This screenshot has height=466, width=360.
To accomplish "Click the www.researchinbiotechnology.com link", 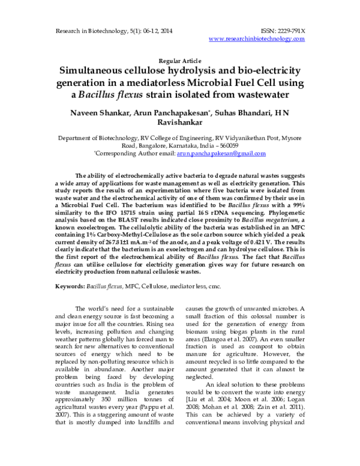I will pos(257,38).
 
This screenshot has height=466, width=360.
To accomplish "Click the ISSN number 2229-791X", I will pos(290,29).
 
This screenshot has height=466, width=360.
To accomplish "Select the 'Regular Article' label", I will pos(179,61).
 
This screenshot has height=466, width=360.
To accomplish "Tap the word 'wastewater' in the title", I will pos(259,95).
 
